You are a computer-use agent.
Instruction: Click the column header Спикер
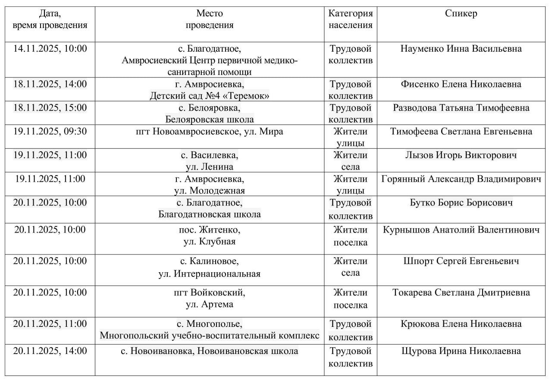[x=461, y=13]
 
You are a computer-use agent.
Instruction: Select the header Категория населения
[x=350, y=19]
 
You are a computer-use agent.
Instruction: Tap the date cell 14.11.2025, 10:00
[x=50, y=48]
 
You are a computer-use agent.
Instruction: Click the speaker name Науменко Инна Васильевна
[x=461, y=48]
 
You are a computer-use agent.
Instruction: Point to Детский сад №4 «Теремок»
[x=209, y=95]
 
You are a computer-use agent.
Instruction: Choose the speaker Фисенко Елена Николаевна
[x=461, y=84]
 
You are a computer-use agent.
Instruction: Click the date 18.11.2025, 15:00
[x=50, y=107]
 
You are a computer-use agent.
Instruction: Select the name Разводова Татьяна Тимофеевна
[x=461, y=107]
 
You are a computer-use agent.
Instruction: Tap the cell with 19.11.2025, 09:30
[x=50, y=131]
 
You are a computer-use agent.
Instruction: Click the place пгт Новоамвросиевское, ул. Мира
[x=209, y=131]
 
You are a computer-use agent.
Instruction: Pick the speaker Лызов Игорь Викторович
[x=461, y=155]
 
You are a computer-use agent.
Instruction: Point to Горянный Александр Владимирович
[x=461, y=178]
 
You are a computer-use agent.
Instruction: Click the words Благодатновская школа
[x=209, y=214]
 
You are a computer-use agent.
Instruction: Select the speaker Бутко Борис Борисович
[x=461, y=202]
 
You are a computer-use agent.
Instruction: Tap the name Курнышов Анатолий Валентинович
[x=461, y=230]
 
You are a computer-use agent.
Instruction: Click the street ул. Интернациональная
[x=209, y=273]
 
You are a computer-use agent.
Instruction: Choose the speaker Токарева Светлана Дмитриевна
[x=461, y=292]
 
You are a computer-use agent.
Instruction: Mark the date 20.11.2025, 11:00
[x=50, y=323]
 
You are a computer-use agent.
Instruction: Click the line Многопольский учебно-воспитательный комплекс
[x=209, y=335]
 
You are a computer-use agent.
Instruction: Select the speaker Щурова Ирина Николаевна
[x=461, y=351]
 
